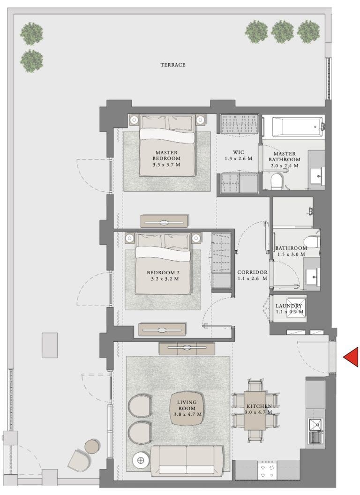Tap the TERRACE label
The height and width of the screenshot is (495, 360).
(173, 65)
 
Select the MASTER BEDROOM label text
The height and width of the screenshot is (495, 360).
(166, 156)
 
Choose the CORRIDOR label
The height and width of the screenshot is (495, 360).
(252, 272)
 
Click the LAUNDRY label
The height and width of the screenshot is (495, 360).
(289, 306)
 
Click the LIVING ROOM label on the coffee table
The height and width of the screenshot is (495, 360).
(187, 405)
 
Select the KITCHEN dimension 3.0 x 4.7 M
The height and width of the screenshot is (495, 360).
(258, 413)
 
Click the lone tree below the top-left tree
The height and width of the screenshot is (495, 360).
(32, 60)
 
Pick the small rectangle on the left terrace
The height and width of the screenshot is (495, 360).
(50, 345)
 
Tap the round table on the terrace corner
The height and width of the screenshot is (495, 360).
(92, 446)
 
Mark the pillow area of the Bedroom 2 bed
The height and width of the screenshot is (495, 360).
(163, 242)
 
